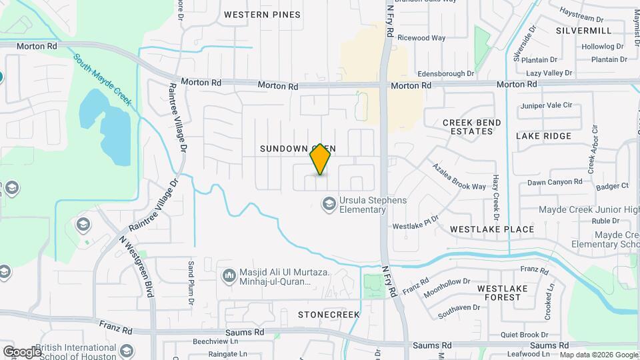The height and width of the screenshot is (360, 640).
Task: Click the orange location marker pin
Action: coord(320,159)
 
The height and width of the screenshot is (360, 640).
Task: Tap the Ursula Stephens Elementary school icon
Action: coord(328,203)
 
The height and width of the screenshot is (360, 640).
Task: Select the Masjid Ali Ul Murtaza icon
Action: coord(229,275)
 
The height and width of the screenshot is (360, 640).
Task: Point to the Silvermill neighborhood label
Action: coord(583,31)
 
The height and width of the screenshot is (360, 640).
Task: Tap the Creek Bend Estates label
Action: coord(468,127)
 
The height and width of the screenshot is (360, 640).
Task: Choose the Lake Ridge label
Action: coord(543,136)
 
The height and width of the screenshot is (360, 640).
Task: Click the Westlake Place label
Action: coord(492,229)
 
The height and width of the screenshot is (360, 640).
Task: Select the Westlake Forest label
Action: coord(503,293)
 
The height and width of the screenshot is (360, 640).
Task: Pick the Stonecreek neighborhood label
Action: coord(329,314)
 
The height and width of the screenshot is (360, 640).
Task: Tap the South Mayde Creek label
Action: coord(103,81)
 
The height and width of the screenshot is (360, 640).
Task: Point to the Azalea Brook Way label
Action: coord(459,177)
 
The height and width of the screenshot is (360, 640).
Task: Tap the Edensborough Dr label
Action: coord(445,73)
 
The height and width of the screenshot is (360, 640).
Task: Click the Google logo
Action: coord(22,351)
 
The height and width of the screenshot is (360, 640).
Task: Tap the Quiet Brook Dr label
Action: coord(525,335)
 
